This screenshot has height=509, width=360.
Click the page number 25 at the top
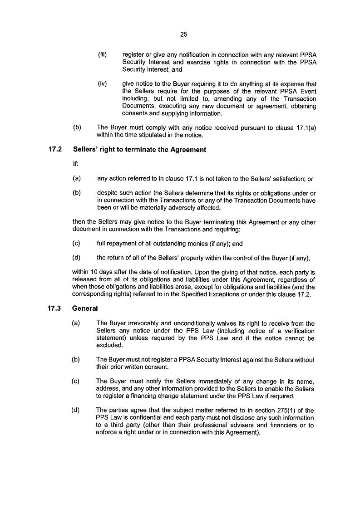[x=183, y=34]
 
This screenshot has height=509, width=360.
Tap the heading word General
[x=85, y=308]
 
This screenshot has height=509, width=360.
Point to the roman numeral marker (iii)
[x=103, y=55]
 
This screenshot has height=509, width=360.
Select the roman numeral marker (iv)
[x=103, y=83]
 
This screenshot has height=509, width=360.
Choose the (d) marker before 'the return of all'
[x=77, y=258]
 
